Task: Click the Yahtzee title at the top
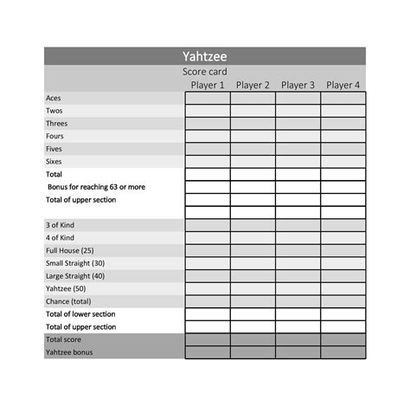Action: [x=205, y=56]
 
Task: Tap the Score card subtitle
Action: [x=205, y=72]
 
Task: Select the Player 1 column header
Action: [x=208, y=85]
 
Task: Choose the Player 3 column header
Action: [x=298, y=85]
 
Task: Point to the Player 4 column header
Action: [x=343, y=85]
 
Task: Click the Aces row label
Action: [x=54, y=98]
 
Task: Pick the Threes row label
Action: [x=56, y=124]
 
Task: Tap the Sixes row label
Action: [x=54, y=162]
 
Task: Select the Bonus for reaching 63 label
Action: [x=96, y=187]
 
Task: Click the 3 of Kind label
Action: [x=60, y=225]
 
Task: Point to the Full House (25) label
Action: [x=69, y=250]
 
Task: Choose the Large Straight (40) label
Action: [x=74, y=276]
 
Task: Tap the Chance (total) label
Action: [x=68, y=301]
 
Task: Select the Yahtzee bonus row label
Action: [x=69, y=352]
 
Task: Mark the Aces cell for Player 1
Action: [x=208, y=98]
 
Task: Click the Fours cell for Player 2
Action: [x=253, y=136]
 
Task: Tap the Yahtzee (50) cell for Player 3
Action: [x=298, y=288]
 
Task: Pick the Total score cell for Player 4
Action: [x=343, y=339]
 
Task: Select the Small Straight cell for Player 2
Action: [x=253, y=263]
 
